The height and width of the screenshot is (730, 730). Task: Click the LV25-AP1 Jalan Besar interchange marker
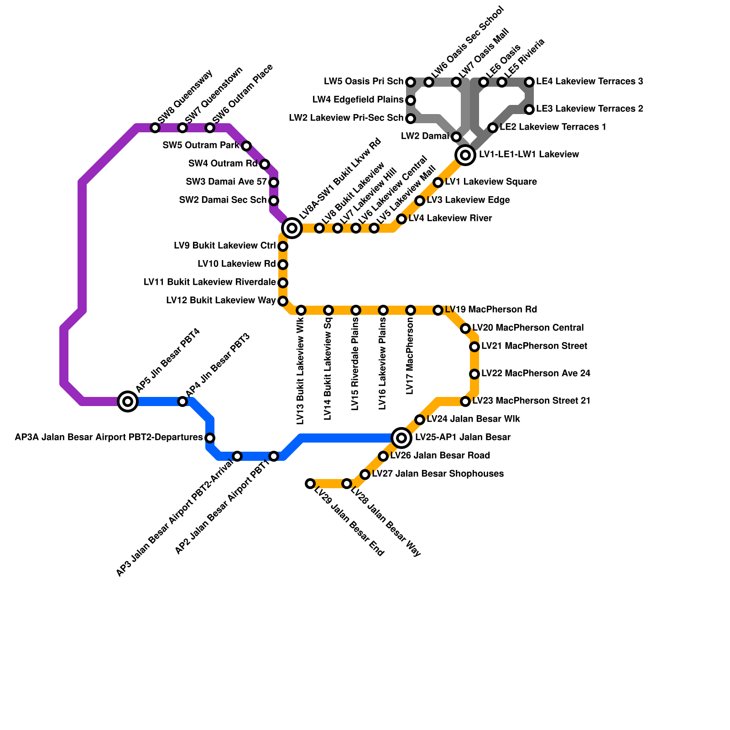(401, 438)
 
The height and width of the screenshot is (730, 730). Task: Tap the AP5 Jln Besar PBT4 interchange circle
(128, 401)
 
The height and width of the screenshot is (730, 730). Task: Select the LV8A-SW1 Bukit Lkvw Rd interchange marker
(292, 228)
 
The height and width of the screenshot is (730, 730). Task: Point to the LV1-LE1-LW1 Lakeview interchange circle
(465, 155)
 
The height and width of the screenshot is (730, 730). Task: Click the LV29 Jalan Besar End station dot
(310, 484)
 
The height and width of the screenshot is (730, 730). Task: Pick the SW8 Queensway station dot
(155, 128)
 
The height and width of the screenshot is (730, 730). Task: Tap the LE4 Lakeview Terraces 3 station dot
(529, 82)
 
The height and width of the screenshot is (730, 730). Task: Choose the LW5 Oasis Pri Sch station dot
(411, 82)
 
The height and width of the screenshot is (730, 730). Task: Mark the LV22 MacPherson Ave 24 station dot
(474, 374)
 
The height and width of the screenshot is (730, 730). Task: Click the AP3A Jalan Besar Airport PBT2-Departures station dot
(210, 438)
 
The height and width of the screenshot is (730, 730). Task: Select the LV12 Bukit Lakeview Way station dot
(283, 301)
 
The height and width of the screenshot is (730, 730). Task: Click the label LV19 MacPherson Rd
(491, 310)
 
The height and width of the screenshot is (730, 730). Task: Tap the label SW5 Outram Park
(201, 146)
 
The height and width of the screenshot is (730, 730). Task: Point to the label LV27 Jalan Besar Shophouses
(438, 474)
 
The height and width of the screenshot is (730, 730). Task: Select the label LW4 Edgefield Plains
(358, 99)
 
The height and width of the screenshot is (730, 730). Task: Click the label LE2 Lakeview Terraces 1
(553, 127)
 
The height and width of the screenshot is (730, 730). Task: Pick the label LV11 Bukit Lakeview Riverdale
(209, 282)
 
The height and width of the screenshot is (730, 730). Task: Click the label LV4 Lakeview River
(450, 219)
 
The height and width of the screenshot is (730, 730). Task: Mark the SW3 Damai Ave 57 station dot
(274, 182)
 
